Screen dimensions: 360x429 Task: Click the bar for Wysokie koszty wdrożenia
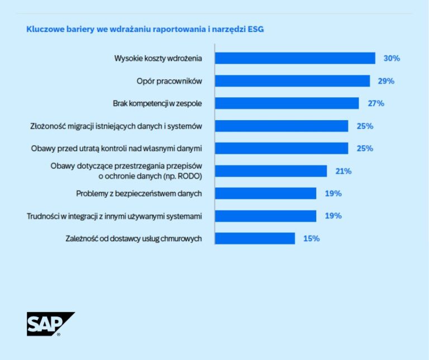pyautogui.click(x=295, y=58)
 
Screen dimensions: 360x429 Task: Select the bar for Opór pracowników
pyautogui.click(x=292, y=81)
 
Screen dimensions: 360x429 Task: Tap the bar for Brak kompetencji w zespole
pyautogui.click(x=287, y=103)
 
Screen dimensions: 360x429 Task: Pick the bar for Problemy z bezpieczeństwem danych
pyautogui.click(x=265, y=193)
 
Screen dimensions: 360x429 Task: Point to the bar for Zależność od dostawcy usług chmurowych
pyautogui.click(x=255, y=239)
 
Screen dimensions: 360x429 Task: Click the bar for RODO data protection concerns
pyautogui.click(x=271, y=171)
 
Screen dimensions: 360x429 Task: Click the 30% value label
pyautogui.click(x=392, y=58)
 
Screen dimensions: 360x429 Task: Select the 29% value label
pyautogui.click(x=386, y=81)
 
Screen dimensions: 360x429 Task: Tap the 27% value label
pyautogui.click(x=376, y=103)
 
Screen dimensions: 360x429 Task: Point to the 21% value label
pyautogui.click(x=343, y=171)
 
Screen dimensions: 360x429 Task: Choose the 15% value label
pyautogui.click(x=311, y=239)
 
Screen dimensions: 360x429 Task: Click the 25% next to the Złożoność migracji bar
pyautogui.click(x=365, y=126)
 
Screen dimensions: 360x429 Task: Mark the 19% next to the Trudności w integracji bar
pyautogui.click(x=333, y=216)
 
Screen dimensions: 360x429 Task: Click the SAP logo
pyautogui.click(x=50, y=324)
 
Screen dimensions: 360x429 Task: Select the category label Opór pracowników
pyautogui.click(x=169, y=81)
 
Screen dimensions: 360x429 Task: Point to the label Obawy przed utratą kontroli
pyautogui.click(x=116, y=148)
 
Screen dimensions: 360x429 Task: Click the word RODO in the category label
pyautogui.click(x=188, y=176)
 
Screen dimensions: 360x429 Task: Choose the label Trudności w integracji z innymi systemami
pyautogui.click(x=114, y=216)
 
